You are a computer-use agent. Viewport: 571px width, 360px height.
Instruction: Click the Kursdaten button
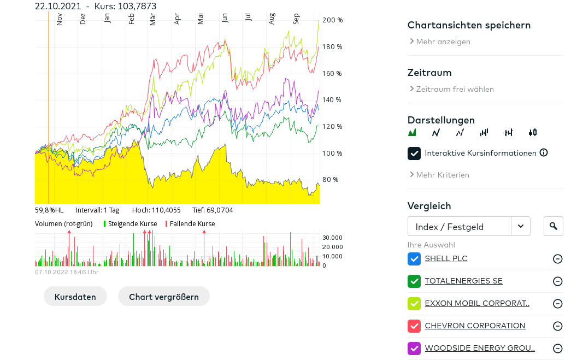75,297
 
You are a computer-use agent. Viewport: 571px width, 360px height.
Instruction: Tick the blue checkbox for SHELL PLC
414,259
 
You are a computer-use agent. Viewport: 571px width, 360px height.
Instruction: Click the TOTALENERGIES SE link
463,281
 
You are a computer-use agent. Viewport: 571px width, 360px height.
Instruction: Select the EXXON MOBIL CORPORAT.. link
477,303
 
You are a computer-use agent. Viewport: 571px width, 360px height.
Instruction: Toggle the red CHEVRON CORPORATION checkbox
414,326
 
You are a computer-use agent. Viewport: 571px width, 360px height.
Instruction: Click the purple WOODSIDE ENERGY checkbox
414,349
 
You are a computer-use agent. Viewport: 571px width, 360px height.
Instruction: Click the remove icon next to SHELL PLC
557,259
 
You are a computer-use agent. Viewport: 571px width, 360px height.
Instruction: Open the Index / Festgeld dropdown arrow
521,226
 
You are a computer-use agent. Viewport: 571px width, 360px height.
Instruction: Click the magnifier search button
553,226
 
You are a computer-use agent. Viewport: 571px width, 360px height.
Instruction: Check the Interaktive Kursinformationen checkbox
414,154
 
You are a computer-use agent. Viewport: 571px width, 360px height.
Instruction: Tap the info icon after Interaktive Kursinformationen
544,152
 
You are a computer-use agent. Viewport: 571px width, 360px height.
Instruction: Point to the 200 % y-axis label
333,20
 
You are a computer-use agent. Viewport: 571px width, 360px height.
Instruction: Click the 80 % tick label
331,180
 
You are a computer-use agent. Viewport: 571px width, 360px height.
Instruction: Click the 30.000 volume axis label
332,238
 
